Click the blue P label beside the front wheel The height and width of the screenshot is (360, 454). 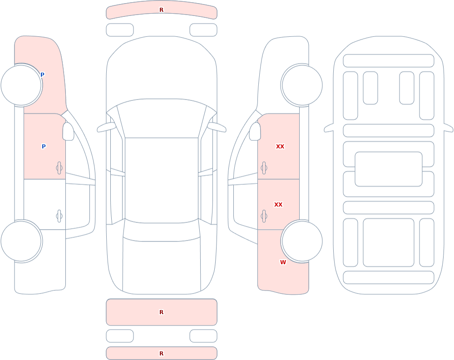(42, 75)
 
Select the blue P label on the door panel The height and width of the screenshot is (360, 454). (44, 147)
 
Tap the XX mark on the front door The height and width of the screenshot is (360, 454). (280, 147)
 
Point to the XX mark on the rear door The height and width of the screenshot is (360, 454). (278, 204)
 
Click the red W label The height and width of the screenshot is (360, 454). (283, 262)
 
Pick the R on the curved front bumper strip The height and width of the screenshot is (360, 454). (162, 10)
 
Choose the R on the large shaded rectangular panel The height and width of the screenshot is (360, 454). (162, 312)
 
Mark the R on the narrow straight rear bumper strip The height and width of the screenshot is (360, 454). (162, 353)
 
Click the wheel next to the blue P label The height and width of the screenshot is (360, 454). (21, 85)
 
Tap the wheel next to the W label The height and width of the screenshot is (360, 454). (302, 241)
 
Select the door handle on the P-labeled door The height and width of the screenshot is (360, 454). (59, 168)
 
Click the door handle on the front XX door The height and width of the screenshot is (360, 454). (264, 168)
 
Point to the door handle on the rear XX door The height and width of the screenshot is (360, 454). (264, 216)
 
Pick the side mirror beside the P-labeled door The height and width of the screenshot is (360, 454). (68, 132)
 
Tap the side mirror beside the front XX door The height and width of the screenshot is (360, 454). (255, 132)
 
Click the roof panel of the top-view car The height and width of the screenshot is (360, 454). (162, 180)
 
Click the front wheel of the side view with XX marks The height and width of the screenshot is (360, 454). (302, 85)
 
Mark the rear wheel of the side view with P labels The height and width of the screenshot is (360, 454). (21, 241)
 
